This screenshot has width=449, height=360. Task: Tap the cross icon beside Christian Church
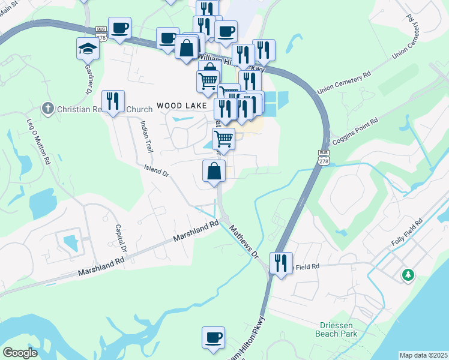point(47,109)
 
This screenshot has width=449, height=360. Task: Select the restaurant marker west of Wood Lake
point(112,101)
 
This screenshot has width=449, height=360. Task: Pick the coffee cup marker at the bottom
point(213,337)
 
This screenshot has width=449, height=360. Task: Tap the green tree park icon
point(408,274)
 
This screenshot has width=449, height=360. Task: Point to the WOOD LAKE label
point(178,106)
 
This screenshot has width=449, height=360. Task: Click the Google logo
point(20,353)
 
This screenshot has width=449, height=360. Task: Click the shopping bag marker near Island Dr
point(214,172)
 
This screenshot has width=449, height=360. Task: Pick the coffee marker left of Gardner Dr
point(119,28)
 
